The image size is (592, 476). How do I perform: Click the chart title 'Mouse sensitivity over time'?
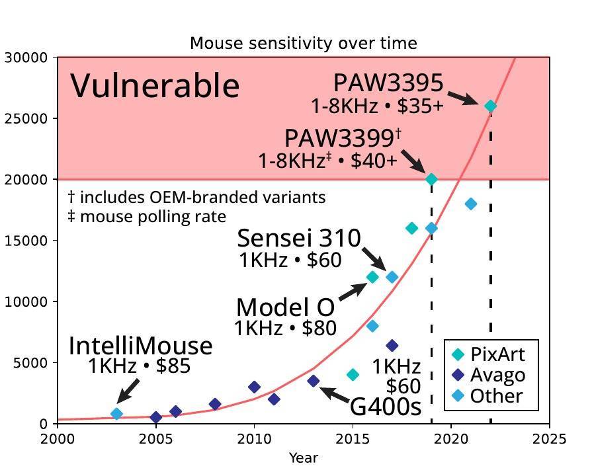pos(303,44)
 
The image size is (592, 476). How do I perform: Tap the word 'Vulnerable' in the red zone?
pos(155,86)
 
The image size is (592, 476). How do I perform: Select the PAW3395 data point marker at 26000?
pos(490,106)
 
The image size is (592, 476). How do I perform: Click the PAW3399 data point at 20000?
pos(431,179)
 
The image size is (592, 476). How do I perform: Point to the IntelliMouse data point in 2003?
pos(116,414)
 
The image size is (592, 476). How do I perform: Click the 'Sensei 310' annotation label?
pos(299,238)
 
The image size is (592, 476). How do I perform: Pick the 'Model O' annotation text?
pos(285,307)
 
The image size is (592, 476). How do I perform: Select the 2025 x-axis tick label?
pos(549,439)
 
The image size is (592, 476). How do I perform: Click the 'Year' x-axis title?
pos(303,457)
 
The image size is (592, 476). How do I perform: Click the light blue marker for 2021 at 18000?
pos(470,204)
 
